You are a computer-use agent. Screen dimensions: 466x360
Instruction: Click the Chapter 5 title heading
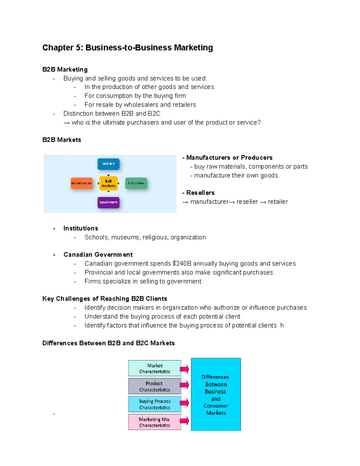point(127,48)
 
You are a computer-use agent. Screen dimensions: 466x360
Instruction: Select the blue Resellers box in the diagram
point(108,164)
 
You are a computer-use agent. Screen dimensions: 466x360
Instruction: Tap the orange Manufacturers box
point(81,183)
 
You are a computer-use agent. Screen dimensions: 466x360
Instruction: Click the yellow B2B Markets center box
point(108,183)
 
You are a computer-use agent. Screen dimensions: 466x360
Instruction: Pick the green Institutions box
point(136,183)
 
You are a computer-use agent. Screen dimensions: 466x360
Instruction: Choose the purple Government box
point(108,202)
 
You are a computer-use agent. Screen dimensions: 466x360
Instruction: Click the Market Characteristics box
point(154,368)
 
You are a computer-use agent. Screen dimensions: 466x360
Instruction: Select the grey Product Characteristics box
point(154,386)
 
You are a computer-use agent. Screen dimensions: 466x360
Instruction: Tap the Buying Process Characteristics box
point(154,404)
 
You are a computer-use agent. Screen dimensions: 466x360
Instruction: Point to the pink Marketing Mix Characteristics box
point(154,422)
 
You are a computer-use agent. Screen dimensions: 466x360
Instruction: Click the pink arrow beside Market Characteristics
point(185,369)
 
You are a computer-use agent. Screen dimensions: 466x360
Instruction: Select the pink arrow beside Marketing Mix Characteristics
point(185,421)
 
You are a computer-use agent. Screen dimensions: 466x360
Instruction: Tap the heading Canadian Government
point(98,254)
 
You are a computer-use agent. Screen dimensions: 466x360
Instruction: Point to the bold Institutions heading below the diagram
point(81,228)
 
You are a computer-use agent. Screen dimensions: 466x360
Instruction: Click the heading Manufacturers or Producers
point(229,158)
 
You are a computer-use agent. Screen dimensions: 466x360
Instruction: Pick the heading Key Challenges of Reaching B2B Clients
point(105,299)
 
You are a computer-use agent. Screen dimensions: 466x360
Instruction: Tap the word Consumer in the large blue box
point(216,406)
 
